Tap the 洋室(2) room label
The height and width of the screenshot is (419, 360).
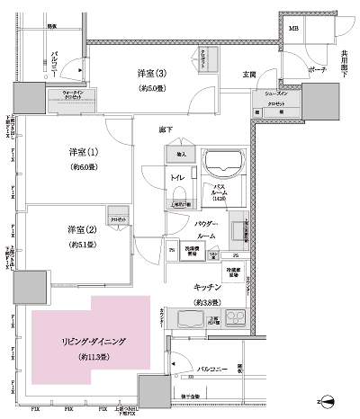82,229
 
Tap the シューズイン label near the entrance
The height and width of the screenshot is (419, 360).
276,93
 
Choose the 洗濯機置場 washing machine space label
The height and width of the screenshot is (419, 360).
190,251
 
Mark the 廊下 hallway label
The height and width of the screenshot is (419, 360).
166,130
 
